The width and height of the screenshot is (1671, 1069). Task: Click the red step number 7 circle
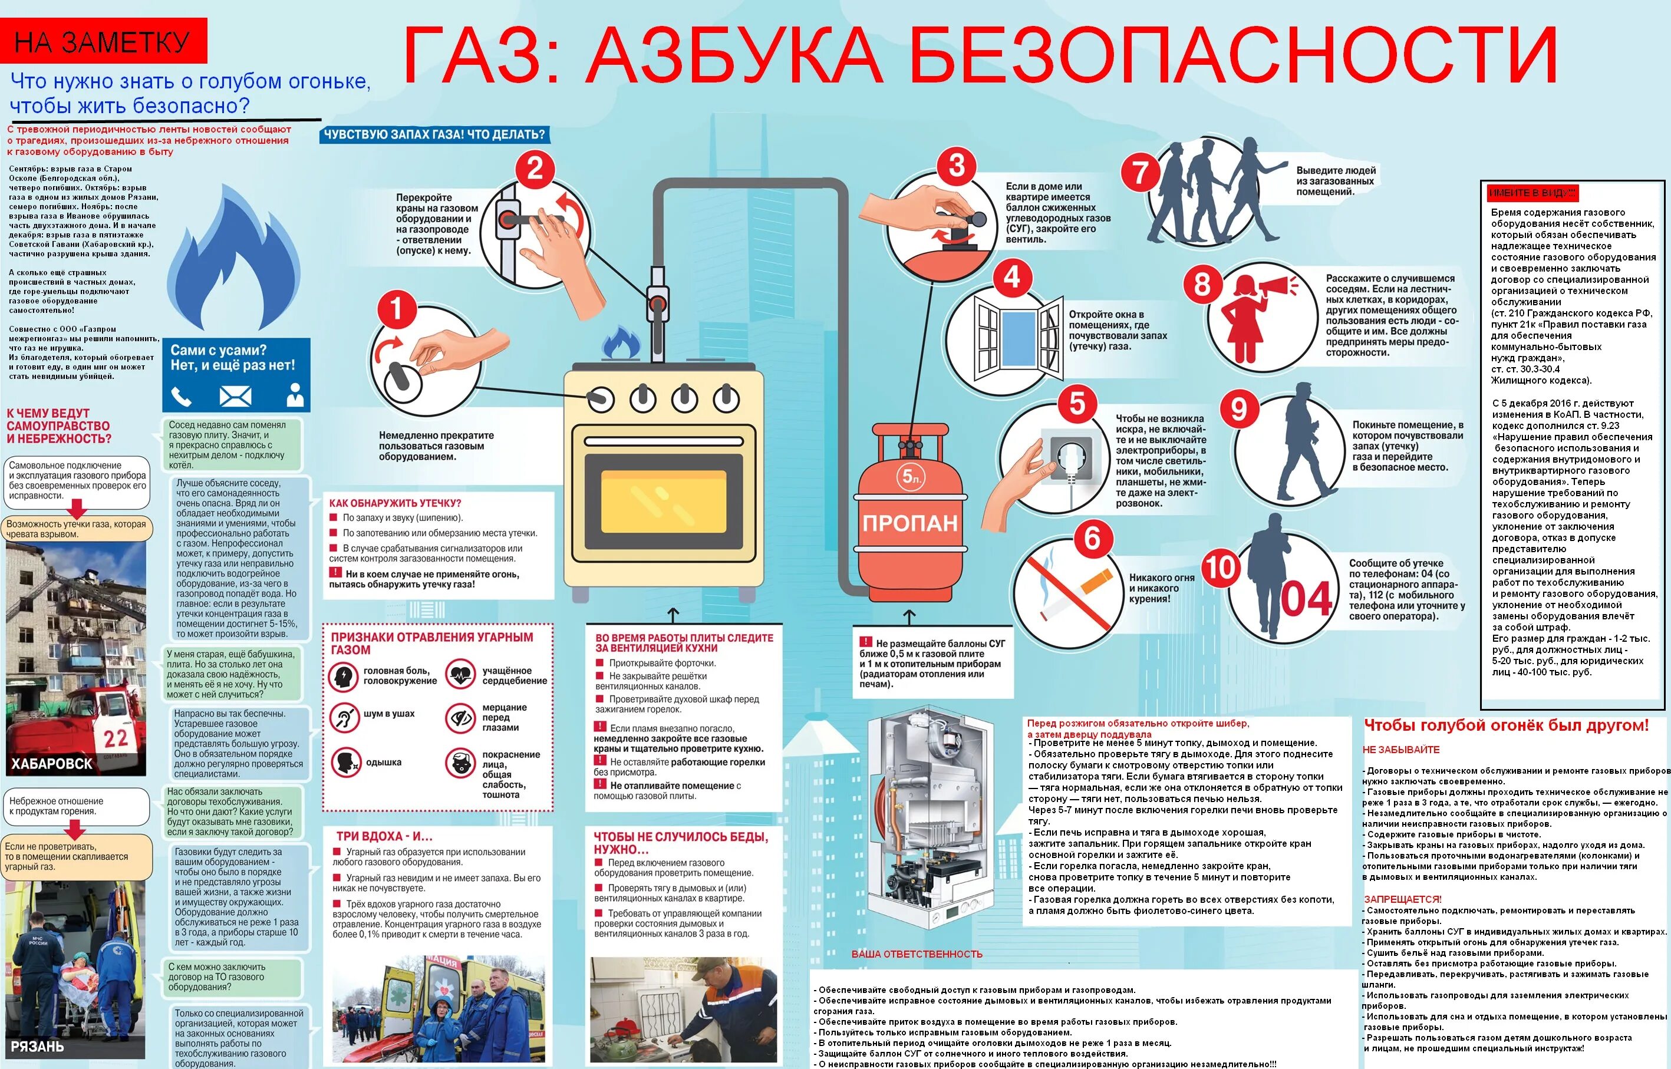coord(1141,173)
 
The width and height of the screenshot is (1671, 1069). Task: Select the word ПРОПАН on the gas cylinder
coord(910,523)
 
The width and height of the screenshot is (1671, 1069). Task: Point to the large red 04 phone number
coord(1306,599)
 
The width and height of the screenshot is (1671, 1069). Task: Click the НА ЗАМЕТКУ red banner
coord(103,42)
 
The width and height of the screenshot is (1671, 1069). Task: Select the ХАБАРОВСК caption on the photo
coord(52,764)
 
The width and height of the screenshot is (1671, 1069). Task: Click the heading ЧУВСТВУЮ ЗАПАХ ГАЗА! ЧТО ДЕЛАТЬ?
coord(434,134)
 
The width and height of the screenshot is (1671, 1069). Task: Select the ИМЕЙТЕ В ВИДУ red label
coord(1531,192)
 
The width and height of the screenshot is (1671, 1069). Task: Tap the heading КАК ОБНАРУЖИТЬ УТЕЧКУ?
coord(395,503)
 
